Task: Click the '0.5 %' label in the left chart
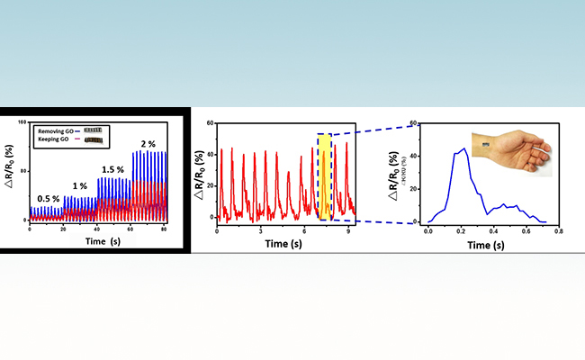coord(48,198)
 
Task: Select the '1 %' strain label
coord(80,185)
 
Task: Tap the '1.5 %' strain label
coord(112,169)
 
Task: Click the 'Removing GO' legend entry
coord(57,130)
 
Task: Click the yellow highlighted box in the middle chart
coord(326,176)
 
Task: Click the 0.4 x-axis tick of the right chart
coord(492,231)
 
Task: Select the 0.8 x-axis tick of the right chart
coord(558,231)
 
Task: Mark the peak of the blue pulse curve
coord(463,148)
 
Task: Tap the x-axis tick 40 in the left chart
coord(98,229)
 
